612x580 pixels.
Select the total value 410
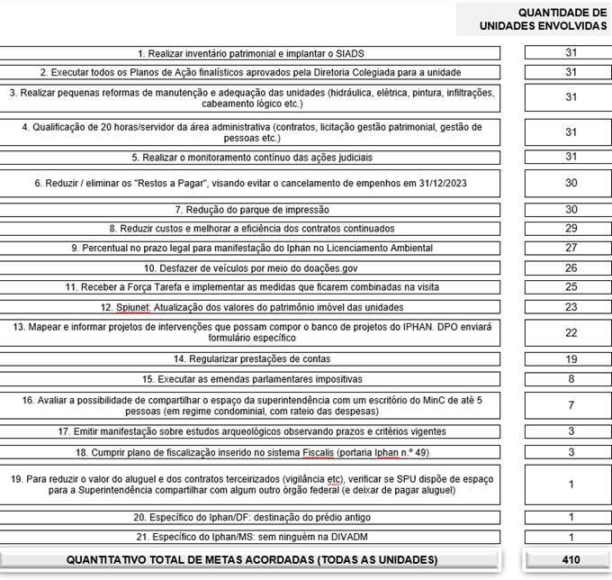(x=571, y=560)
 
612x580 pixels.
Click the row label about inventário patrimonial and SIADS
(x=251, y=53)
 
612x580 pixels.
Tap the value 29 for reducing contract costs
(x=571, y=229)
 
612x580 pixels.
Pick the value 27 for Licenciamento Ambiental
(x=571, y=248)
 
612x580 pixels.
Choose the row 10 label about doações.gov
(x=251, y=267)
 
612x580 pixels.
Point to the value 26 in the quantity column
(x=571, y=267)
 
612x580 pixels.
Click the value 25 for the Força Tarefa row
(x=571, y=286)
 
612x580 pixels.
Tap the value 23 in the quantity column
(x=571, y=306)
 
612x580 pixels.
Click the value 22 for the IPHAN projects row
(x=571, y=332)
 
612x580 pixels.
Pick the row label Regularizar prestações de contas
(x=251, y=359)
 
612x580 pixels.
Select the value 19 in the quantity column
(x=571, y=359)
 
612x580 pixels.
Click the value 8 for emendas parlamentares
(x=571, y=379)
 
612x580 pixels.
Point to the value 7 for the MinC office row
(x=571, y=405)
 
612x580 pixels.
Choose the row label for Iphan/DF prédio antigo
(x=251, y=517)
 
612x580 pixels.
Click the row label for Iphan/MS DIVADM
(x=251, y=537)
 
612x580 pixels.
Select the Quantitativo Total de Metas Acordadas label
(x=252, y=560)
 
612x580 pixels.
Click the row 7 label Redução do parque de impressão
(x=251, y=209)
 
